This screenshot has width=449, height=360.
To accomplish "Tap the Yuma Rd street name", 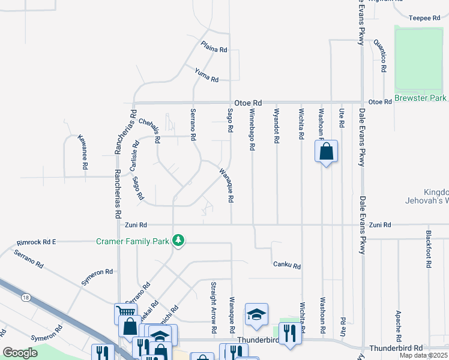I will pos(206,75).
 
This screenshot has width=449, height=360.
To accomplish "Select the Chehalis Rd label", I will pos(150,130).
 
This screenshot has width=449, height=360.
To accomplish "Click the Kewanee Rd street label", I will pos(83,151).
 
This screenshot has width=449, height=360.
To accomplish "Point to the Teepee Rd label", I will pos(425,18).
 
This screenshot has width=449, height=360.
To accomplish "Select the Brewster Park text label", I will pos(421,97).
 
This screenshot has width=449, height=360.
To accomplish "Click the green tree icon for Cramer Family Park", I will pos(178,241).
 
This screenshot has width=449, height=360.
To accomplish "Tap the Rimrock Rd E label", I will pos(36,242).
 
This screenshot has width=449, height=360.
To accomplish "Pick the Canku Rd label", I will pos(286,265).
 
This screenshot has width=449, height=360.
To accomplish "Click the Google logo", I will pos(20,353).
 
